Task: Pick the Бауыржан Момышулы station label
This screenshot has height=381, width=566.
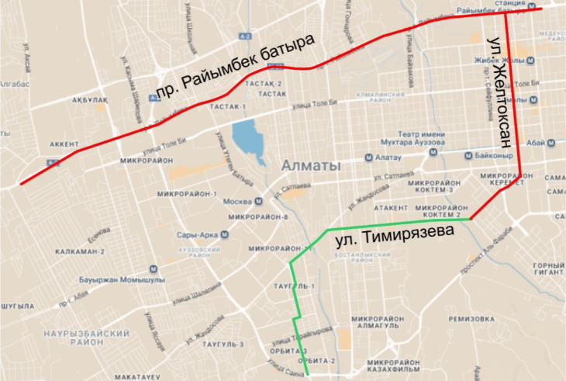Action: point(116,279)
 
